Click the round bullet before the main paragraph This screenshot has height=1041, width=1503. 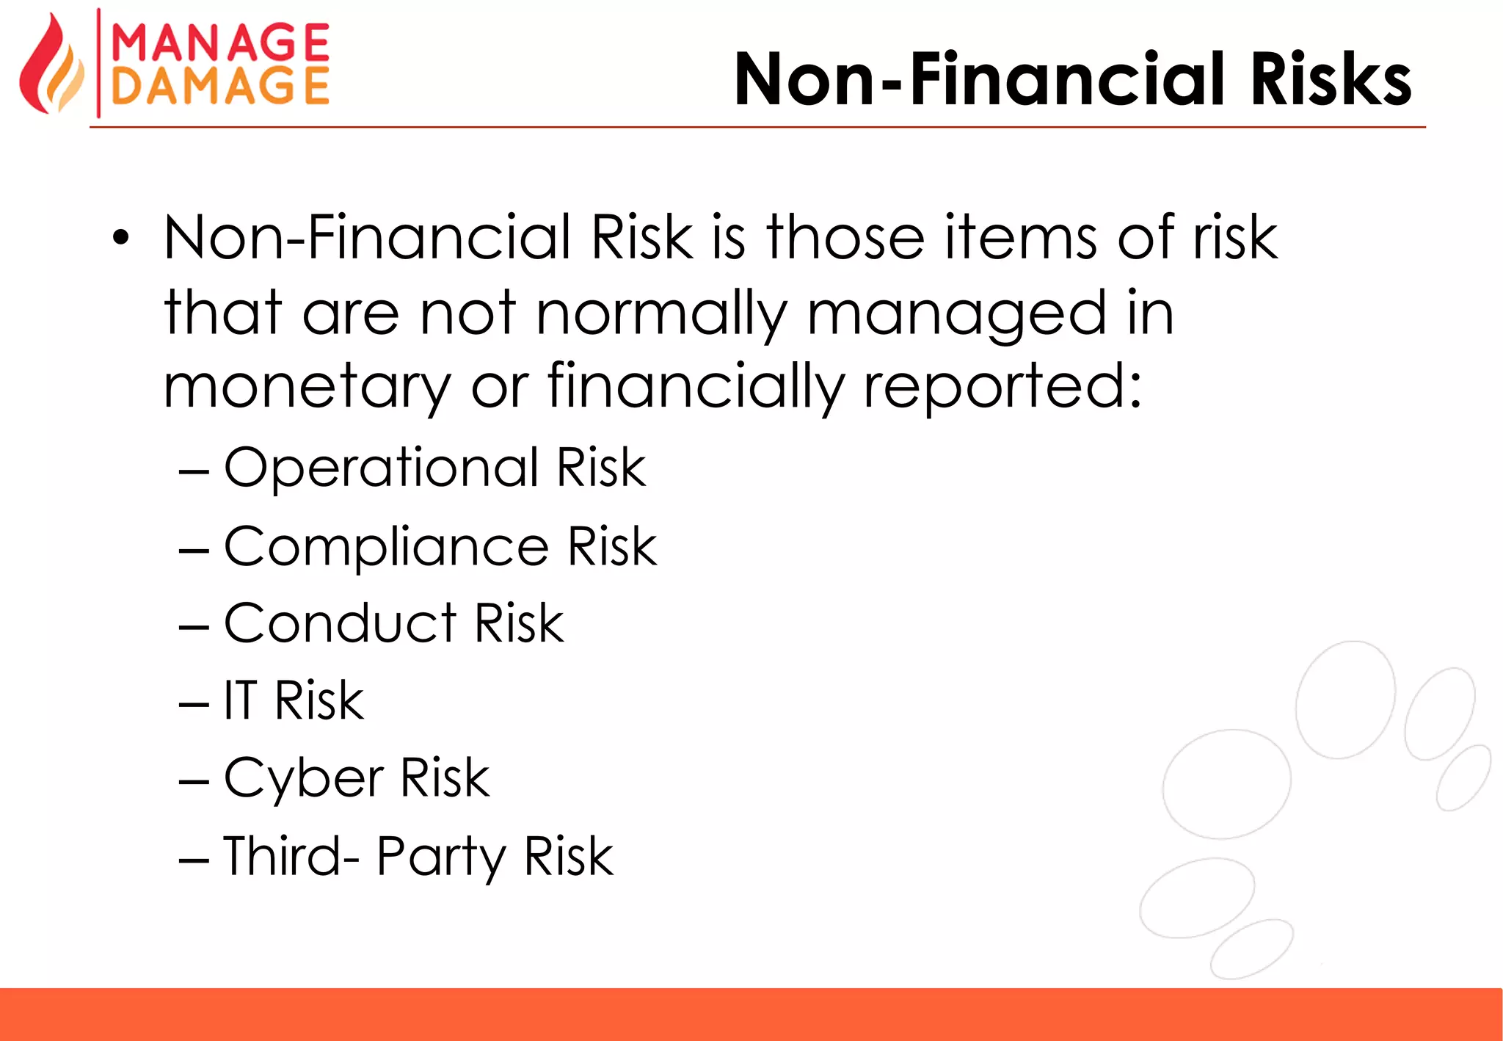coord(121,238)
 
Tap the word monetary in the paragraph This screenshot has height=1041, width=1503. coord(306,388)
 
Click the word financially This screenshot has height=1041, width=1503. coord(695,388)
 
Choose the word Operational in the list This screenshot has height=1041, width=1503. coord(382,468)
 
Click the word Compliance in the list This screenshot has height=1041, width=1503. coord(386,548)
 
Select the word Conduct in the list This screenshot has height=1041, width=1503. coord(340,623)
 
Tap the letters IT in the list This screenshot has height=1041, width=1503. coord(241,700)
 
